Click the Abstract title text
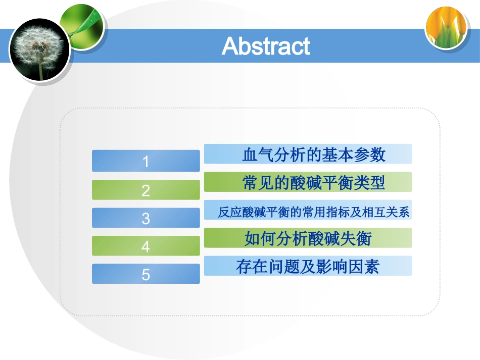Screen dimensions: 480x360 click(266, 46)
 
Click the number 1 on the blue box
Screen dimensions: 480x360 click(146, 162)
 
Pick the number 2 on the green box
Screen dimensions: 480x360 click(146, 190)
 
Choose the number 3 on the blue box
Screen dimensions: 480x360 click(146, 219)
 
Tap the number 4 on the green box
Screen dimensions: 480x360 click(146, 246)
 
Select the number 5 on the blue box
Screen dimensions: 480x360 click(146, 274)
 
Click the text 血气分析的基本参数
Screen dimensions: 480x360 click(314, 155)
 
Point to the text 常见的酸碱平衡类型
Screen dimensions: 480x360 click(314, 183)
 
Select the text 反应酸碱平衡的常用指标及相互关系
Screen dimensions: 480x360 click(313, 212)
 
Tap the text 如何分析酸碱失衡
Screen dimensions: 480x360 click(308, 239)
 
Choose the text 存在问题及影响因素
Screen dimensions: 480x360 click(308, 267)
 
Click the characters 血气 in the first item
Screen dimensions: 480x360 click(258, 155)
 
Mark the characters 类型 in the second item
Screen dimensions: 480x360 click(370, 183)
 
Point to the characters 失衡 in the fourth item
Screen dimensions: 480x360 click(356, 239)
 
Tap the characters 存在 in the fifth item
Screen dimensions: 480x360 click(252, 267)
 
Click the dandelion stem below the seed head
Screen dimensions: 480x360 click(40, 71)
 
